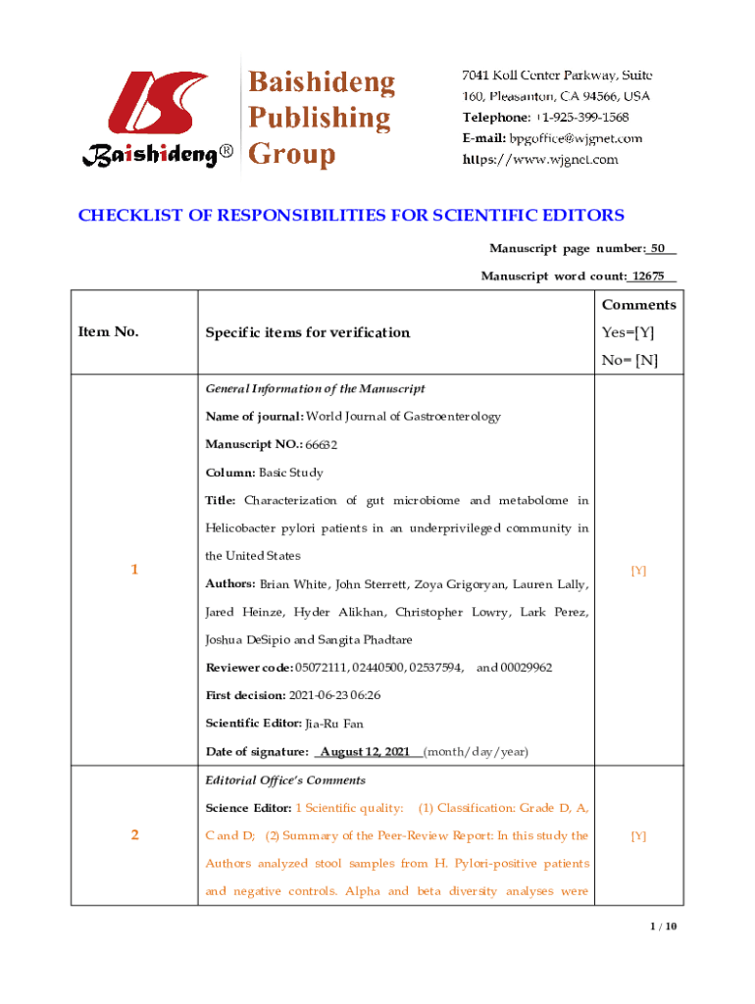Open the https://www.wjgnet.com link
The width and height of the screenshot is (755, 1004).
pos(540,159)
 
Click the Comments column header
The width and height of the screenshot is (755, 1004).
pos(638,305)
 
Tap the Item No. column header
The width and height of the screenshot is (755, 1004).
pos(108,332)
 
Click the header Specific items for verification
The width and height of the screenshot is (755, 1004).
pos(307,332)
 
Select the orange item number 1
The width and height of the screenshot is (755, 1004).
pos(134,570)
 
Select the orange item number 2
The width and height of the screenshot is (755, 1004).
pos(134,836)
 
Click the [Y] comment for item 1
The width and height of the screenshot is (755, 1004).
pos(638,570)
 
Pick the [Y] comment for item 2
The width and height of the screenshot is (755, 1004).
pos(638,836)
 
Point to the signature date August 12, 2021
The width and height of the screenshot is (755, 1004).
pos(365,752)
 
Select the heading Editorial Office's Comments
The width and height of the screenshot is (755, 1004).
pos(285,780)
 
